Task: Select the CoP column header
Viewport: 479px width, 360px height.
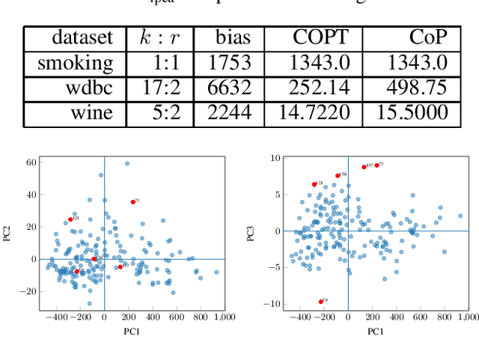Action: pyautogui.click(x=428, y=37)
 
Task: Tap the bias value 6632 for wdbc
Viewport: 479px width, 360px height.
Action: pyautogui.click(x=229, y=88)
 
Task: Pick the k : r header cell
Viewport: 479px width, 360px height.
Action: pyautogui.click(x=159, y=37)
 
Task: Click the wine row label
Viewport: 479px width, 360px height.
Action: pyautogui.click(x=91, y=113)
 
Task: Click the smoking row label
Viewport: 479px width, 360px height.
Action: pyautogui.click(x=76, y=63)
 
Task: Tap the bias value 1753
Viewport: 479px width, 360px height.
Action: pyautogui.click(x=229, y=63)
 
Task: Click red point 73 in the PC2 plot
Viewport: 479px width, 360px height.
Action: pyautogui.click(x=133, y=202)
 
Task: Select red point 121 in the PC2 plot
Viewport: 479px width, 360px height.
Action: pyautogui.click(x=70, y=219)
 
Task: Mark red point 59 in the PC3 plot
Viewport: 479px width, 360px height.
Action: pyautogui.click(x=321, y=302)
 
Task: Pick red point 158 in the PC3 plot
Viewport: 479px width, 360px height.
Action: pyautogui.click(x=338, y=176)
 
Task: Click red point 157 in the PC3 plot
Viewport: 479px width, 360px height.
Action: pyautogui.click(x=364, y=167)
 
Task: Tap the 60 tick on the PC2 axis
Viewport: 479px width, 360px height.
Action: pyautogui.click(x=32, y=162)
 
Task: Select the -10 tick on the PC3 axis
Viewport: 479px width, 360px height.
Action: pyautogui.click(x=273, y=304)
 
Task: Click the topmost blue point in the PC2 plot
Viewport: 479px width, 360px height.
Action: pyautogui.click(x=127, y=163)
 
